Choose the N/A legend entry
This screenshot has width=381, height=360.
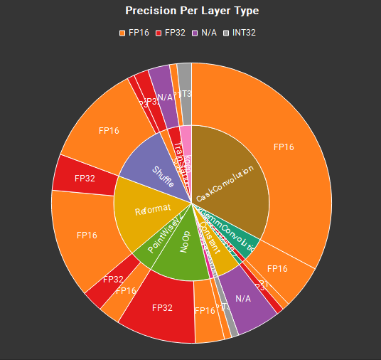(x=207, y=33)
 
